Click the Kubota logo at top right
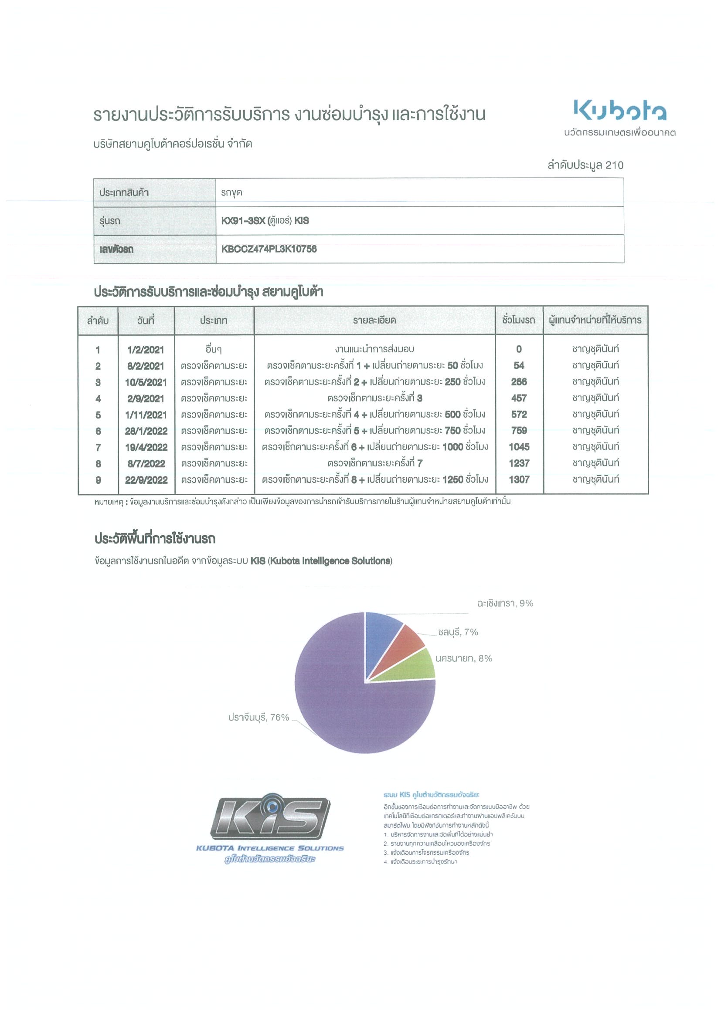620,111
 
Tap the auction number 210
614,165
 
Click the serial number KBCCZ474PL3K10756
269,249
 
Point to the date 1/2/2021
146,350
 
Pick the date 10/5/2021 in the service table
146,382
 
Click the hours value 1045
519,447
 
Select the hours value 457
519,398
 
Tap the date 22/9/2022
146,480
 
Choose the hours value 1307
519,479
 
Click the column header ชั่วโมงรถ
518,320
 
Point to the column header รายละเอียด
374,321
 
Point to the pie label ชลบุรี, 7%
458,632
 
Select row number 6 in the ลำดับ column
98,431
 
